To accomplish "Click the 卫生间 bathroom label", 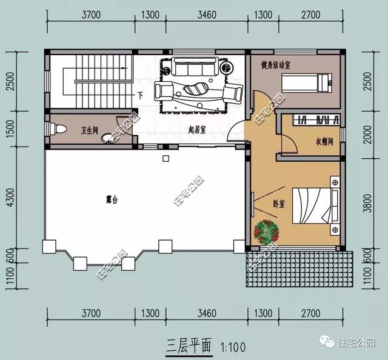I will (90, 130).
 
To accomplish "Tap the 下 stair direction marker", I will (140, 95).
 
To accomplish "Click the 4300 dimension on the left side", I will (8, 197).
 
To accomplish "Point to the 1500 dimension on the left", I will (8, 128).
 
